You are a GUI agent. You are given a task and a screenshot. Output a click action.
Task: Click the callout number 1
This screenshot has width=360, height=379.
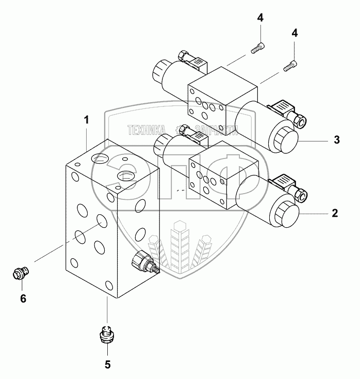87,120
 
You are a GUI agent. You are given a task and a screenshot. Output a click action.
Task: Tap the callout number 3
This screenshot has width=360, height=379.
336,139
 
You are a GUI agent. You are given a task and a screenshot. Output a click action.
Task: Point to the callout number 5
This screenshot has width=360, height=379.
107,365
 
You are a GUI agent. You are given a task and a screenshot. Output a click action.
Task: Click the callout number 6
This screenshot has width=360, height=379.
23,298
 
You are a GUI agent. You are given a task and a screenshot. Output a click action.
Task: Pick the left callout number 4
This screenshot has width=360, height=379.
260,18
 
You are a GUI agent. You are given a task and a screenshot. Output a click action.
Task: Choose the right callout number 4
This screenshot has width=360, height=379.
294,33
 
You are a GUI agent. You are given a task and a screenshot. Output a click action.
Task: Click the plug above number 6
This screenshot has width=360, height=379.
21,272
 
